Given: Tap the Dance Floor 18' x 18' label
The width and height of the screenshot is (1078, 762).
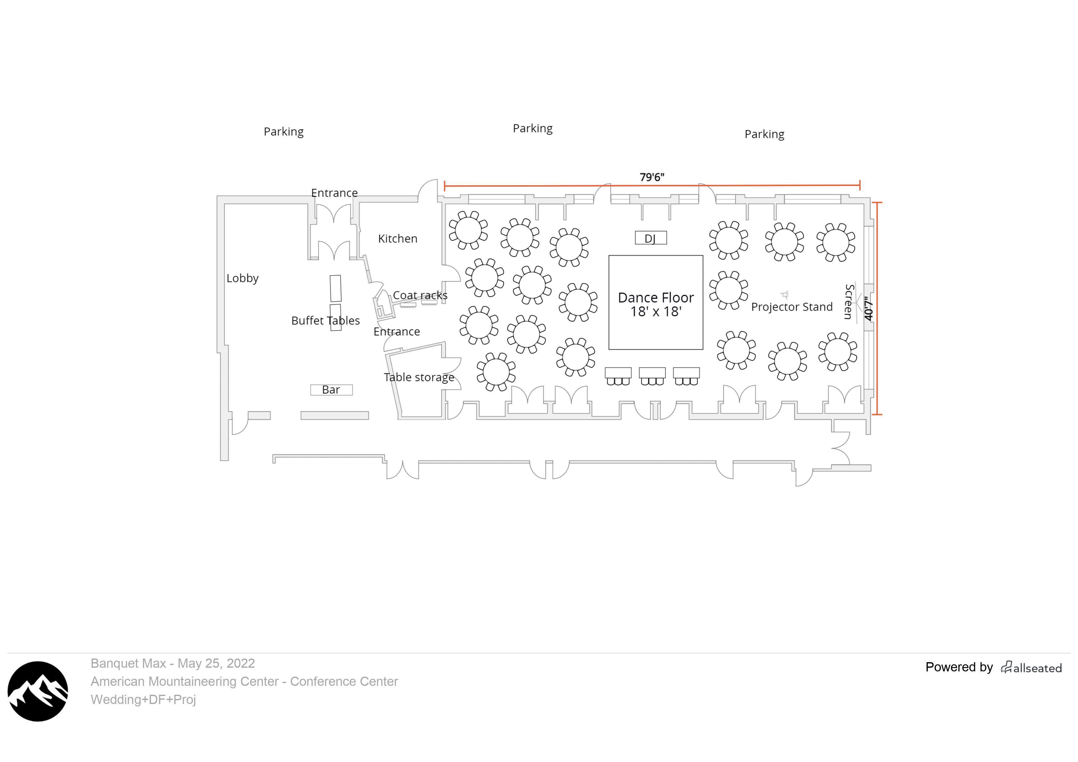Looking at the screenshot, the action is click(655, 304).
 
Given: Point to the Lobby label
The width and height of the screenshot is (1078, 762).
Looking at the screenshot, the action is click(242, 278).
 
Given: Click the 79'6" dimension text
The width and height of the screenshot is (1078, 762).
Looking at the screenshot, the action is click(652, 177).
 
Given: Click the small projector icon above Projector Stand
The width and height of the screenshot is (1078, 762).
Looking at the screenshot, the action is click(785, 295).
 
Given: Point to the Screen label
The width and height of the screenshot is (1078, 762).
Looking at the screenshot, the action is click(849, 302).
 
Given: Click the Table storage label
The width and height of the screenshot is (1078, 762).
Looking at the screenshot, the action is click(419, 377).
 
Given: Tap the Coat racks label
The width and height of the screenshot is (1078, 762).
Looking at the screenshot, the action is click(420, 295).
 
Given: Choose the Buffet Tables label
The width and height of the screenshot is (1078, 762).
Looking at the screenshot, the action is click(325, 320).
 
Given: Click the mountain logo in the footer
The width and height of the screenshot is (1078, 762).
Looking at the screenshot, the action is click(37, 691).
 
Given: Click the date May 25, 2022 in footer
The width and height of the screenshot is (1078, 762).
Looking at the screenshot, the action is click(216, 663).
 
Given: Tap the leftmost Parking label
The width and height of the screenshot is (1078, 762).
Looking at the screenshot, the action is click(284, 132).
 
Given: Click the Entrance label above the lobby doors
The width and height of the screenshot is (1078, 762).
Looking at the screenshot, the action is click(334, 193).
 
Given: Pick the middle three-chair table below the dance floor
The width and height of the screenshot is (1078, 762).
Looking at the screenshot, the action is click(652, 376).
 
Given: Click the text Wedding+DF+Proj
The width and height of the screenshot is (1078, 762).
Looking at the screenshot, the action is click(143, 700).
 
